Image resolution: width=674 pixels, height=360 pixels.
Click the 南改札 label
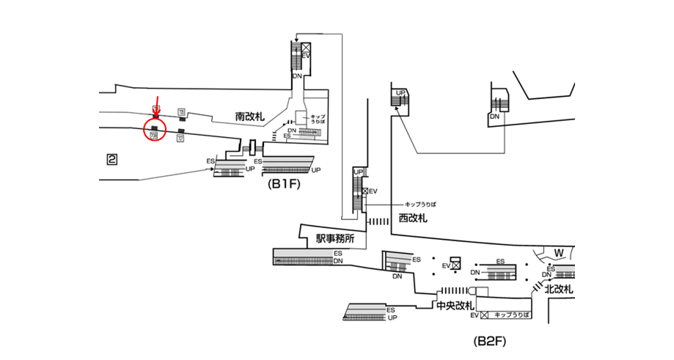[249, 117]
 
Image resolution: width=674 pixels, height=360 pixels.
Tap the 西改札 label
[413, 218]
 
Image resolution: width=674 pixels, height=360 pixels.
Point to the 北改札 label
[559, 290]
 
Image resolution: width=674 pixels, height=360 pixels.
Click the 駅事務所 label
[335, 238]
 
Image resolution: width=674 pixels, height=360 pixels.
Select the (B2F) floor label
[491, 342]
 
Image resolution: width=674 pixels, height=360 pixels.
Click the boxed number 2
[112, 159]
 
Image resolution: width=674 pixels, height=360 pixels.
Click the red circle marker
[154, 131]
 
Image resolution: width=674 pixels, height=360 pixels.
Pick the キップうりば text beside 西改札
[420, 203]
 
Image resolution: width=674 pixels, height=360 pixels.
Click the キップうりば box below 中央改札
[507, 315]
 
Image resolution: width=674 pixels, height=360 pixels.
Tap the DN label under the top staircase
[297, 75]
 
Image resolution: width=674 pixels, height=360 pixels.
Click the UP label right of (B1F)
[316, 170]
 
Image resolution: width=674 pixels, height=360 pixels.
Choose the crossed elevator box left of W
[455, 265]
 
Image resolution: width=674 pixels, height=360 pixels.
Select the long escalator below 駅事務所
[307, 257]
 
